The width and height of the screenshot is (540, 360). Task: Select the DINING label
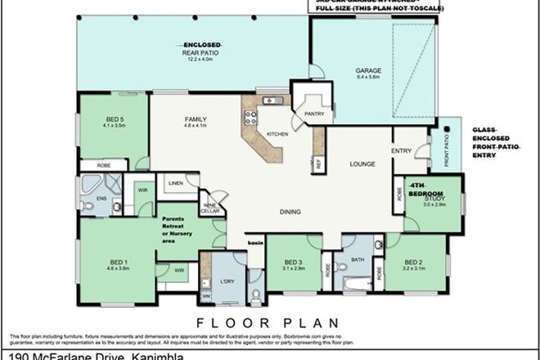290,212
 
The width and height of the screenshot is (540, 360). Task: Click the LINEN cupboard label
175,184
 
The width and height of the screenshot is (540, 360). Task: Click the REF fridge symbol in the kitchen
318,164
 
